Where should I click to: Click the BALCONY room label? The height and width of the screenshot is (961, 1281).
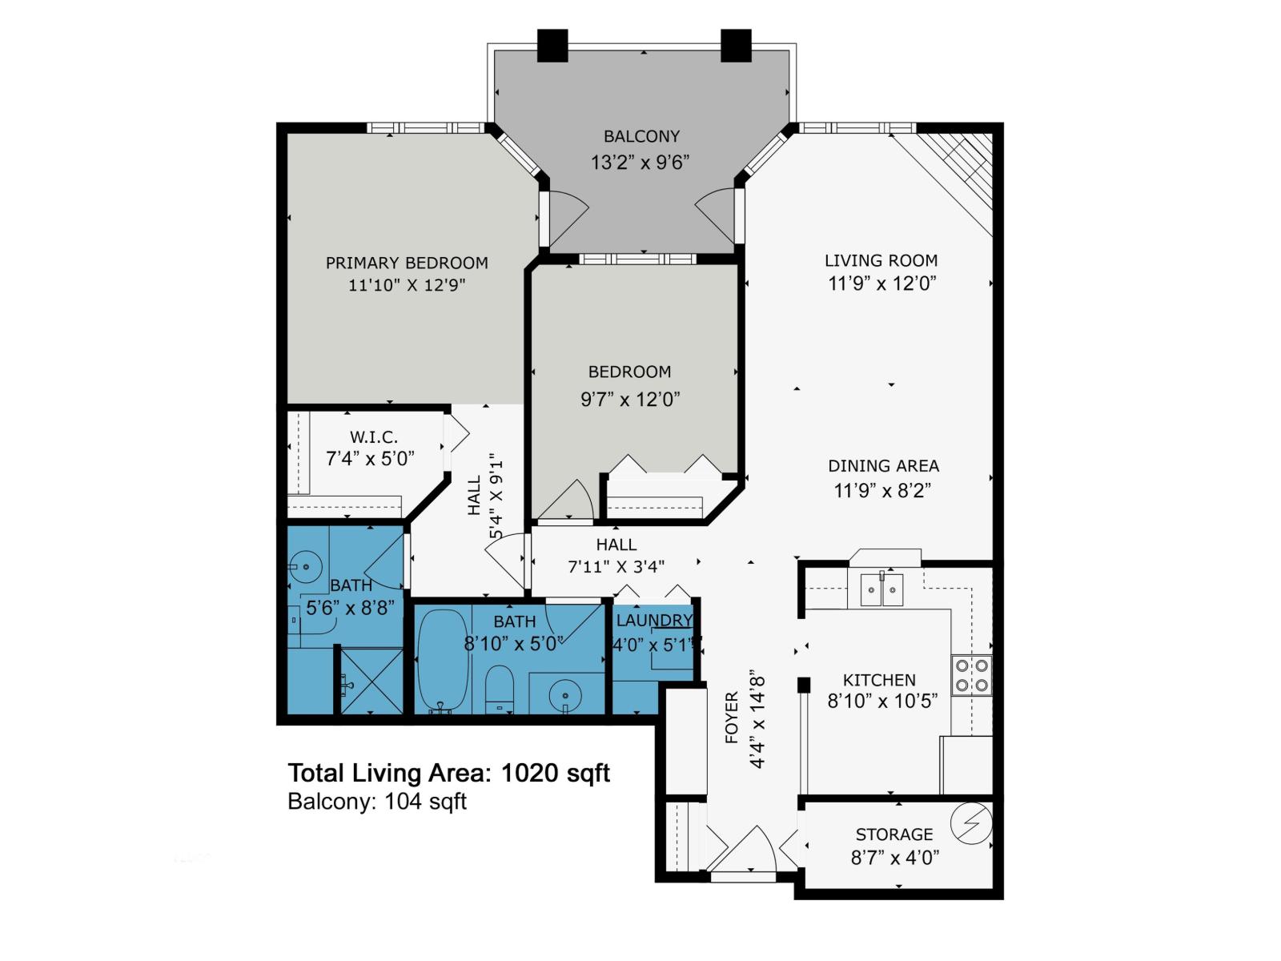(641, 136)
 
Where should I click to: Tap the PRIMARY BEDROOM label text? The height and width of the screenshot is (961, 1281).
(407, 263)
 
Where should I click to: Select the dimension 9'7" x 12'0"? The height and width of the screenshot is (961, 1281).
(630, 400)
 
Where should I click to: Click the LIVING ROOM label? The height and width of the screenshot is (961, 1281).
(881, 260)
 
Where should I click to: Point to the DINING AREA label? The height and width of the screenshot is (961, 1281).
(884, 465)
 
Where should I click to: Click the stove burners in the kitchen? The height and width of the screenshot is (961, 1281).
(972, 675)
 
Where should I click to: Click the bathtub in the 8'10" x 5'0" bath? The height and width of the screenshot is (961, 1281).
(443, 661)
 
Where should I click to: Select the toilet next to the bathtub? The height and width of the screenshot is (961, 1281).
(499, 689)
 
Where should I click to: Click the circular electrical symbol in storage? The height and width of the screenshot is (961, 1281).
(971, 823)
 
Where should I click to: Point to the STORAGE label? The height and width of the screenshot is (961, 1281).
(894, 834)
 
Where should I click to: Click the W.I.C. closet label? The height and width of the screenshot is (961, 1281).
(374, 437)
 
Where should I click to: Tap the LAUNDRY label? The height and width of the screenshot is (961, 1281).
(654, 620)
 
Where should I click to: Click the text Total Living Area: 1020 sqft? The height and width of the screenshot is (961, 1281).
(449, 773)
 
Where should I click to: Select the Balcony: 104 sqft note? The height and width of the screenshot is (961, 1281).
(377, 802)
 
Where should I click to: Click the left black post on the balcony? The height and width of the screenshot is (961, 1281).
(552, 46)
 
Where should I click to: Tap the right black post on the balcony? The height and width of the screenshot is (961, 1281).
(736, 46)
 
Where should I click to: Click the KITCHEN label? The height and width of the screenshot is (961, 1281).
(879, 680)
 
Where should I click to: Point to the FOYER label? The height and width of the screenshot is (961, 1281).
(732, 718)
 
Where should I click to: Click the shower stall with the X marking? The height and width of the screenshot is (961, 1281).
(371, 681)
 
